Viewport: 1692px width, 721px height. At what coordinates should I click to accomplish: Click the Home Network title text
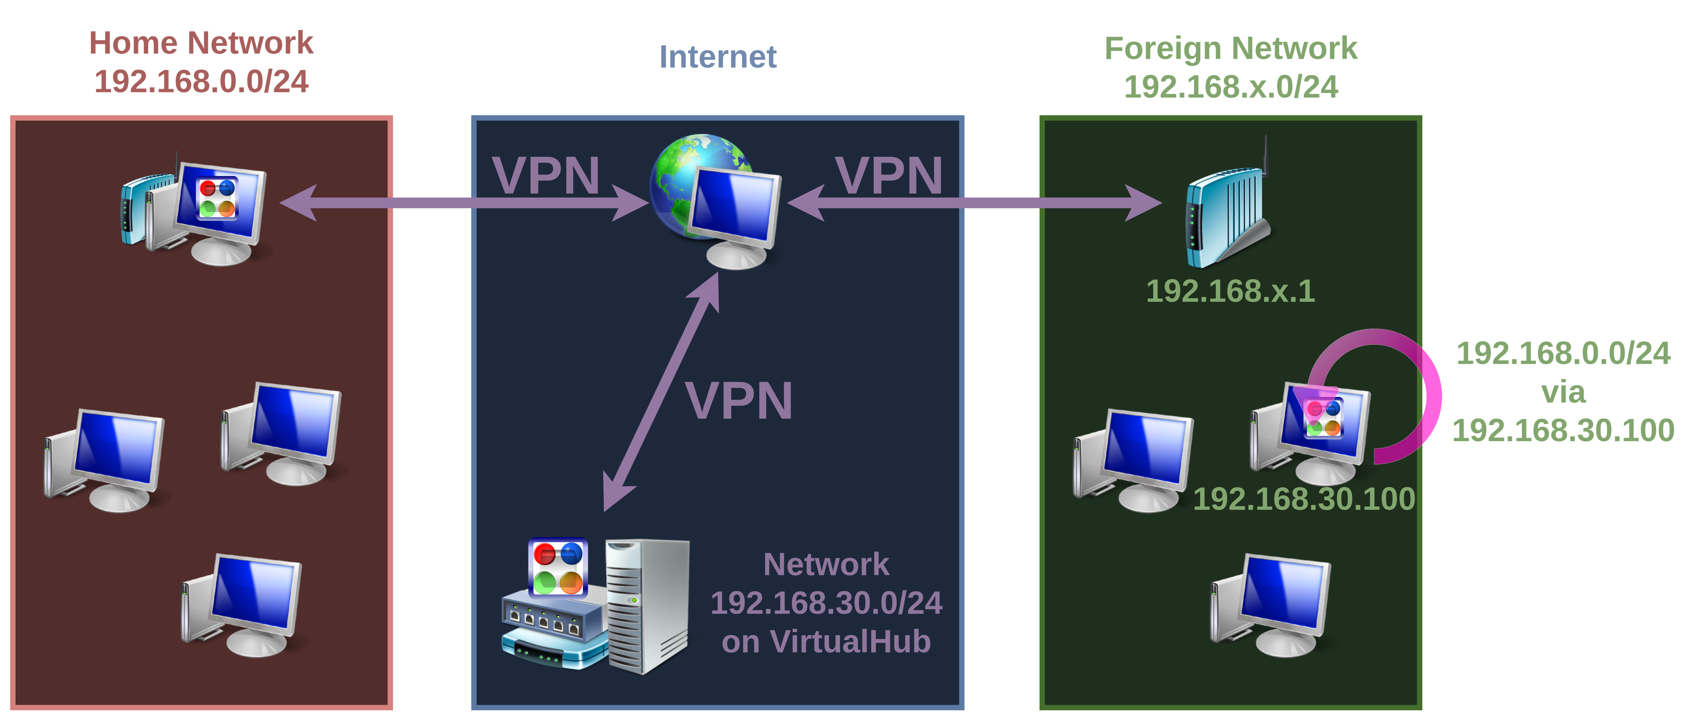(201, 43)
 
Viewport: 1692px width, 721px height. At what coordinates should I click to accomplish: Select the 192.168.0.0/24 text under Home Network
(201, 82)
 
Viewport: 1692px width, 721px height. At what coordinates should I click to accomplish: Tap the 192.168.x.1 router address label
(1230, 291)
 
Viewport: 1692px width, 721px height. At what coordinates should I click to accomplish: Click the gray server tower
(647, 605)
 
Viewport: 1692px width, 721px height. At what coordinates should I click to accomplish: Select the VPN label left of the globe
(546, 175)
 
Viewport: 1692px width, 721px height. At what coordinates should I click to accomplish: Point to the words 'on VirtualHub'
(826, 642)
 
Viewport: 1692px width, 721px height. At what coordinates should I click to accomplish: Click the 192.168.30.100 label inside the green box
(1304, 499)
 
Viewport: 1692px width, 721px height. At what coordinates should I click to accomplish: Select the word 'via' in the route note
(1563, 393)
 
